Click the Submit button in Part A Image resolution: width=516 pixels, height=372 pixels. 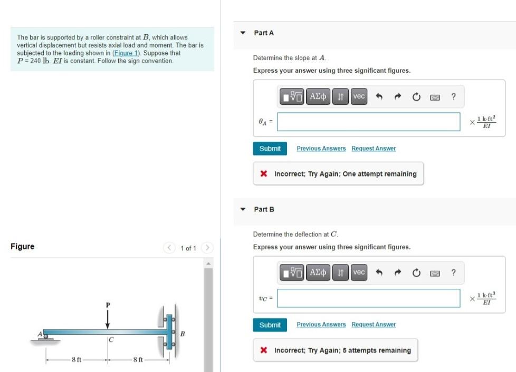point(270,149)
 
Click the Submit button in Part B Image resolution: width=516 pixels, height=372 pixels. point(270,325)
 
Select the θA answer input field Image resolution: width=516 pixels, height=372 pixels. point(368,122)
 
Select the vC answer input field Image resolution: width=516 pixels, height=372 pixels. point(368,298)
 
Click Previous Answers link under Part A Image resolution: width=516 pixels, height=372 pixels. point(321,149)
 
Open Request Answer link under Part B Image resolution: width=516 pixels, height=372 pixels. point(374,325)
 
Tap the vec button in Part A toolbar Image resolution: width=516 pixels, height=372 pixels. point(359,96)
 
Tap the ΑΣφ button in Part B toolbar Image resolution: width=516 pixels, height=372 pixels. point(319,272)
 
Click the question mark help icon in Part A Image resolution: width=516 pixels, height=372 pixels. point(453,96)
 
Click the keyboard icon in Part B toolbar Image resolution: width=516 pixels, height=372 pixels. point(435,273)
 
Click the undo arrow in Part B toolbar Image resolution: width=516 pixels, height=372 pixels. point(378,273)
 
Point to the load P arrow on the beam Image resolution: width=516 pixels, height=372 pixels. point(108,318)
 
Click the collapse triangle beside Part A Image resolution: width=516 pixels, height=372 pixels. point(243,33)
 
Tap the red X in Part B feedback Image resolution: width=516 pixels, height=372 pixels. point(263,350)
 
